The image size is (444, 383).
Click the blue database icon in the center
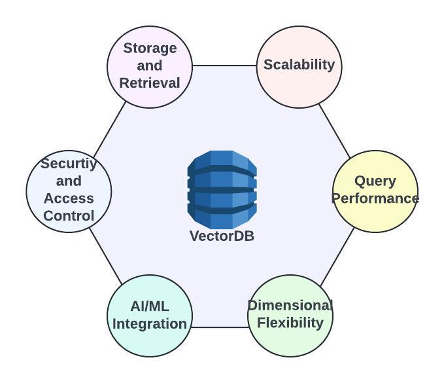(x=222, y=188)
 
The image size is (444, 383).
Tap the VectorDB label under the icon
(x=222, y=236)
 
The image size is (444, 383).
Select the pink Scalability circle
(x=299, y=65)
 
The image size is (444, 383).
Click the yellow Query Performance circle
(x=375, y=191)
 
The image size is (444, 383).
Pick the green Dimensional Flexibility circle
(x=290, y=315)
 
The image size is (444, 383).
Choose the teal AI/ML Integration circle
(x=150, y=315)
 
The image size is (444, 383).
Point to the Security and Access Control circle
(x=69, y=191)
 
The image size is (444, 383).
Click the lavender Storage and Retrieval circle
(x=150, y=65)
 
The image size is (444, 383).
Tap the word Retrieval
(x=150, y=83)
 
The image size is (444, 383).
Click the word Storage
(x=150, y=48)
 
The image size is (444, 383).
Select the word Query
(x=375, y=181)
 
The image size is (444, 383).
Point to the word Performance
(x=375, y=198)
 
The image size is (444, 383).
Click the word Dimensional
(x=290, y=306)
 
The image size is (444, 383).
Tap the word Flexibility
(x=290, y=323)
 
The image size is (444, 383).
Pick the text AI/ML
(x=150, y=306)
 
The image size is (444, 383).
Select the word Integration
(x=150, y=323)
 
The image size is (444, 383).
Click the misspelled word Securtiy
(x=69, y=164)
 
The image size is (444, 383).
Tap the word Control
(x=69, y=215)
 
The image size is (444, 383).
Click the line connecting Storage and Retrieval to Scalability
(x=224, y=65)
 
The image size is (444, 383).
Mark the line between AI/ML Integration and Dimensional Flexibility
(x=220, y=327)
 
